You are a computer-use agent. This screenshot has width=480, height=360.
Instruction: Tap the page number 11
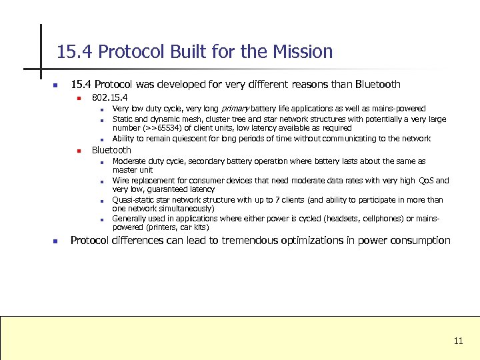[x=458, y=341]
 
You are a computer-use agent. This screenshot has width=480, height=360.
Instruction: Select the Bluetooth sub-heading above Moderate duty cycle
[x=111, y=150]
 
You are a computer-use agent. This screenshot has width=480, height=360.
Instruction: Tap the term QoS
[x=427, y=181]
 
